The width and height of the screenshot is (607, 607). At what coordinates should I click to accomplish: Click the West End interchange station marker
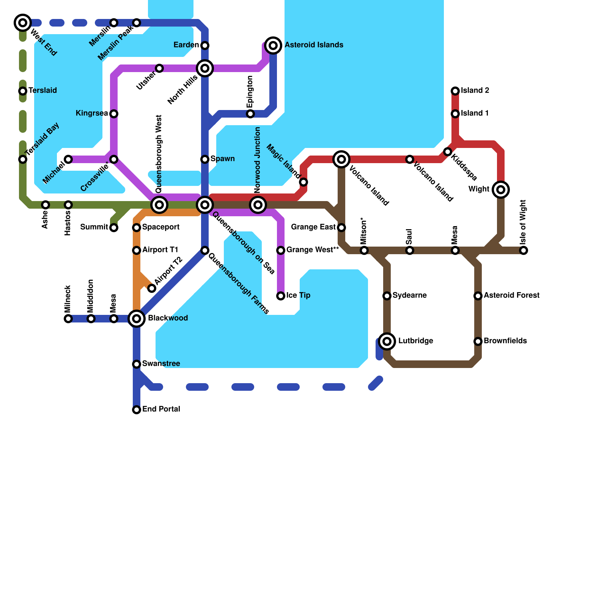point(23,23)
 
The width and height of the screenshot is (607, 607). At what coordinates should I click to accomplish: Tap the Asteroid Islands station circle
point(273,46)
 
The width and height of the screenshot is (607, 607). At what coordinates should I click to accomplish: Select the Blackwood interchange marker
point(137,319)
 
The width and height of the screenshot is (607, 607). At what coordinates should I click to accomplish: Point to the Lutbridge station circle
point(387,341)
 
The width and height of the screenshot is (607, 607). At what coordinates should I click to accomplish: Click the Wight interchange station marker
point(501,190)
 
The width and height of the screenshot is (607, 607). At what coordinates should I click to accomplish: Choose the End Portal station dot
point(137,410)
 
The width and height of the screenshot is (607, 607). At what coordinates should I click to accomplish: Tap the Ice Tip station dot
point(281,296)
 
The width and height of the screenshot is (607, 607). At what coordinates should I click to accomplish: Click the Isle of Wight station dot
point(524,250)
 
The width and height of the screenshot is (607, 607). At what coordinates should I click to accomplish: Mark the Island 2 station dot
point(455,91)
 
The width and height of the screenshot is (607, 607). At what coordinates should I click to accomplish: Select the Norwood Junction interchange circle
point(258,205)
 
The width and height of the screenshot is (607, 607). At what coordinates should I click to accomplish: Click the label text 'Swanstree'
point(161,364)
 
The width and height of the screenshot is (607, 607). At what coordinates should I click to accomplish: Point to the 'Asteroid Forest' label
point(511,296)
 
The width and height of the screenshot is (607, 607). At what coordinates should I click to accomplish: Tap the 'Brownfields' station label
point(505,341)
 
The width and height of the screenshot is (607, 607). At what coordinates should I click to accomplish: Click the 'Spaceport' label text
point(161,227)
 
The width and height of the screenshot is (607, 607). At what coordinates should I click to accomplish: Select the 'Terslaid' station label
point(42,91)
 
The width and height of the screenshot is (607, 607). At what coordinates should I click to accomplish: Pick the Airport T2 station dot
point(152,288)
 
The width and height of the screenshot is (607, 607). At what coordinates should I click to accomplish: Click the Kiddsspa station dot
point(448,152)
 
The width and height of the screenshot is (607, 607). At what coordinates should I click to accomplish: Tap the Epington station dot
point(250,114)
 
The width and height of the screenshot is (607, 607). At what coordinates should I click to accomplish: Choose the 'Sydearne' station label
point(409,296)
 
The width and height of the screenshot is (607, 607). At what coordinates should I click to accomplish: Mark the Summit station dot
point(114,228)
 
